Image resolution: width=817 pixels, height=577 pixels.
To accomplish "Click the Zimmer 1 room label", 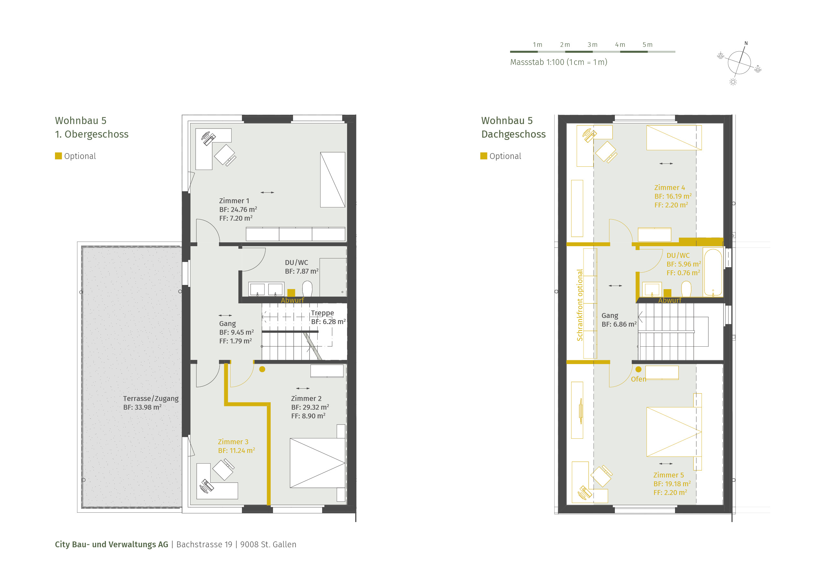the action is [x=234, y=201].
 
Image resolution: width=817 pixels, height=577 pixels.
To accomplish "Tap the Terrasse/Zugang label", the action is [x=151, y=399].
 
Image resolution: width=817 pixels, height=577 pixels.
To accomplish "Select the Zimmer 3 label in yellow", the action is [x=233, y=442].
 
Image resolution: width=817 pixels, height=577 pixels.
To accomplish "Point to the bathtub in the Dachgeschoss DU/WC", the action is [x=713, y=272].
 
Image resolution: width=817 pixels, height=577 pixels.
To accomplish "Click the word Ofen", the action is [x=638, y=379].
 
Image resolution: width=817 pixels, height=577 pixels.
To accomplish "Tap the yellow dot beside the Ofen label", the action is [x=638, y=369].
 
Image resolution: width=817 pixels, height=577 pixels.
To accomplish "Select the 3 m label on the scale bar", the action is [x=593, y=45].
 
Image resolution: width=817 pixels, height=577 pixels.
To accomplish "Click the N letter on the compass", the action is [x=746, y=43].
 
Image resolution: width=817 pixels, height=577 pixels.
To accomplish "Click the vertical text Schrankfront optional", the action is [x=580, y=305].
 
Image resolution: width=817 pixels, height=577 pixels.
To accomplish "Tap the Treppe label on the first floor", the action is [x=322, y=313].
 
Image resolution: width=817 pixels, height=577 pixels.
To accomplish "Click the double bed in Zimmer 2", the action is [x=317, y=463].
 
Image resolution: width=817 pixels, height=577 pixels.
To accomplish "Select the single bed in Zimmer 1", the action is [x=333, y=180].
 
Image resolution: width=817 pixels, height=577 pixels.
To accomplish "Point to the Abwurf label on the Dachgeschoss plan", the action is [x=670, y=300].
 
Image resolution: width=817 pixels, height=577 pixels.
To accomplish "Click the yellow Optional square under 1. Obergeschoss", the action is [x=58, y=156].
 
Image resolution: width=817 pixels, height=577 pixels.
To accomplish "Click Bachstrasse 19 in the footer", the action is [x=204, y=545].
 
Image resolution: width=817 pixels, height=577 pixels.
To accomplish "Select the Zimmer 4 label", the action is [x=669, y=188].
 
